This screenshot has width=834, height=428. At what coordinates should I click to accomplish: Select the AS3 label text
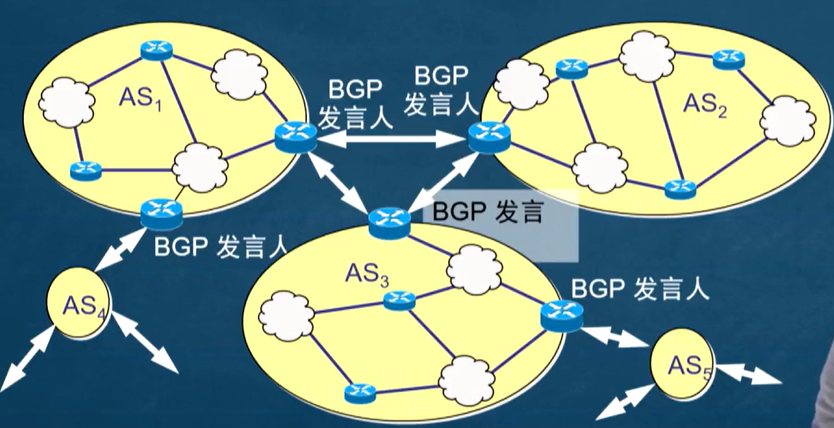367,275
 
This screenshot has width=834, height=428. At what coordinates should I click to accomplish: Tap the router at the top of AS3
389,223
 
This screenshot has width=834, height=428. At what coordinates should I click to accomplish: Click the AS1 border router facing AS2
295,136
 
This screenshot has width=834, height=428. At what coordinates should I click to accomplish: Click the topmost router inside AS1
156,50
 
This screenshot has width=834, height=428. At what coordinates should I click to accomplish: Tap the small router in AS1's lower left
86,170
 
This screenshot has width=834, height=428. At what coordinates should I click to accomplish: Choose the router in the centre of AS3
399,300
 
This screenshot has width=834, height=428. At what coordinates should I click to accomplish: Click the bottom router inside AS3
360,393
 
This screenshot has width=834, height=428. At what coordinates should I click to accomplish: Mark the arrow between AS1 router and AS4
118,251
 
